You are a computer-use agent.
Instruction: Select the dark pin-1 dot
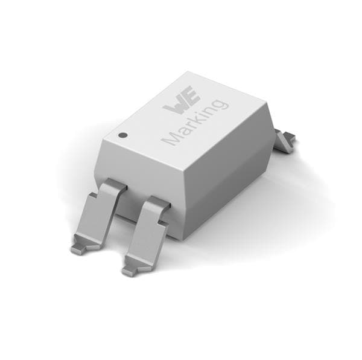122,135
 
